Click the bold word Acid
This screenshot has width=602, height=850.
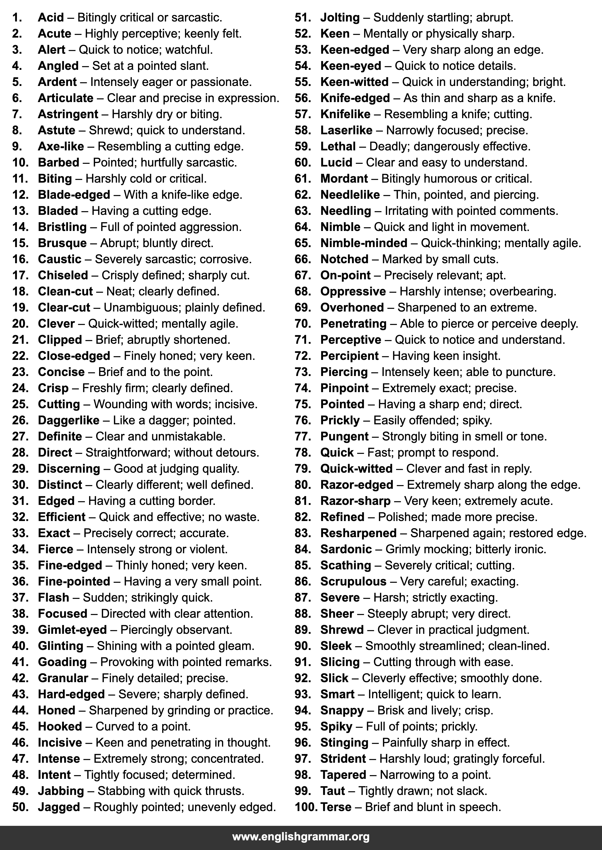pos(51,17)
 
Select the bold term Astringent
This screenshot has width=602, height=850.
pos(68,114)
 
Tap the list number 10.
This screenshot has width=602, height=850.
pos(20,162)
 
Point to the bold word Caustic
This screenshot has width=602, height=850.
pos(59,259)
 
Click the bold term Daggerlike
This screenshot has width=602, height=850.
pos(68,420)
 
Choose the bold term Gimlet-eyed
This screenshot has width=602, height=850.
pos(72,630)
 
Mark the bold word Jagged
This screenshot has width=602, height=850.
pos(59,807)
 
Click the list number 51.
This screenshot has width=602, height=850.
pos(303,17)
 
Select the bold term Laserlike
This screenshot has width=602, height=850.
pos(346,130)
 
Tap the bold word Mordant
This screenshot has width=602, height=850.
pos(344,179)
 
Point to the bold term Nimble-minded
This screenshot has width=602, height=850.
pos(364,243)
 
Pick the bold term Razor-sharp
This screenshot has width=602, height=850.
pos(356,501)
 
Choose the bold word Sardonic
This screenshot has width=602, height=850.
pos(346,549)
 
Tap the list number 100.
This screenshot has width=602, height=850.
pos(306,807)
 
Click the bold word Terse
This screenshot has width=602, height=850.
pos(336,807)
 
